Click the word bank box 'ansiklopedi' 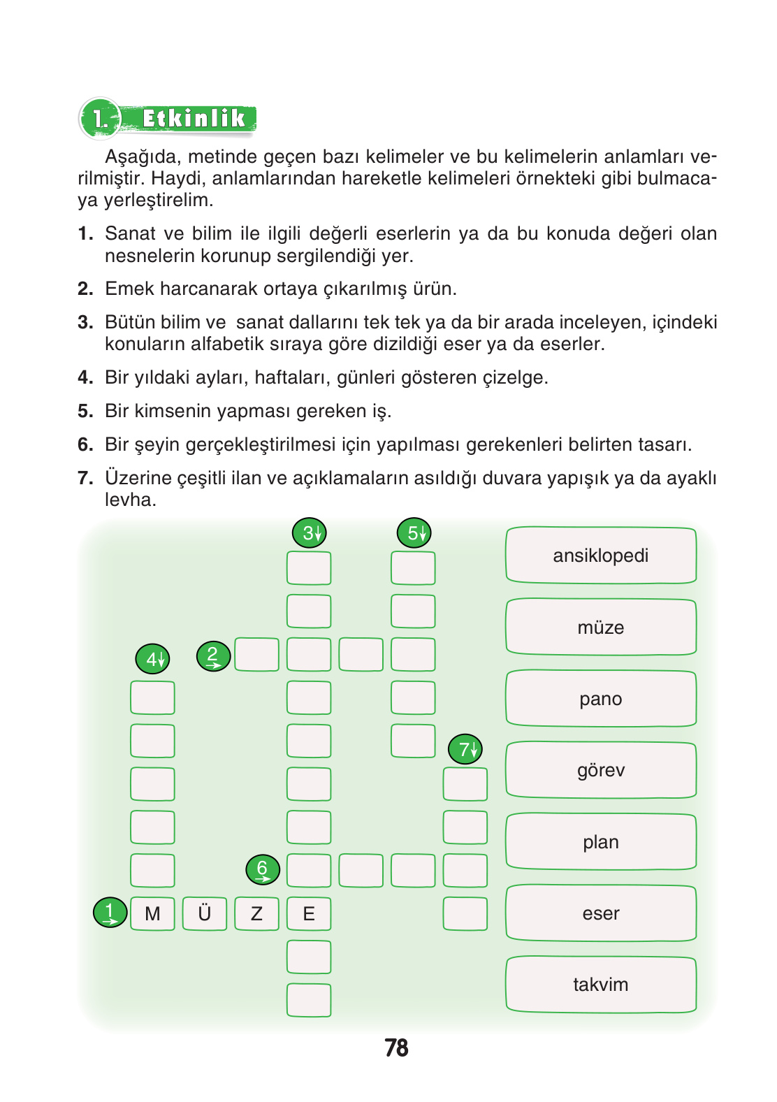601,556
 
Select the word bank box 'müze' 601,627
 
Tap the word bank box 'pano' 601,699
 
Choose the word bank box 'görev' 601,770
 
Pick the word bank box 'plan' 601,842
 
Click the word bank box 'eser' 601,913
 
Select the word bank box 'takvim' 601,985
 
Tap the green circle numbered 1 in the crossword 110,912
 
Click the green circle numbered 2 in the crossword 213,656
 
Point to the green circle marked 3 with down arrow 309,533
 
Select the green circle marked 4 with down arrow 152,658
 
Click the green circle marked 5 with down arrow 414,533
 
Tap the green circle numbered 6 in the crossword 263,869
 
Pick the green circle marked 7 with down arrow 465,749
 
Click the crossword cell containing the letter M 152,913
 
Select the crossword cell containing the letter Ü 205,913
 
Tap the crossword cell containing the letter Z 256,913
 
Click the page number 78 396,1047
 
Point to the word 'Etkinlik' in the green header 194,119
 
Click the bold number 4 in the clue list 85,377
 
